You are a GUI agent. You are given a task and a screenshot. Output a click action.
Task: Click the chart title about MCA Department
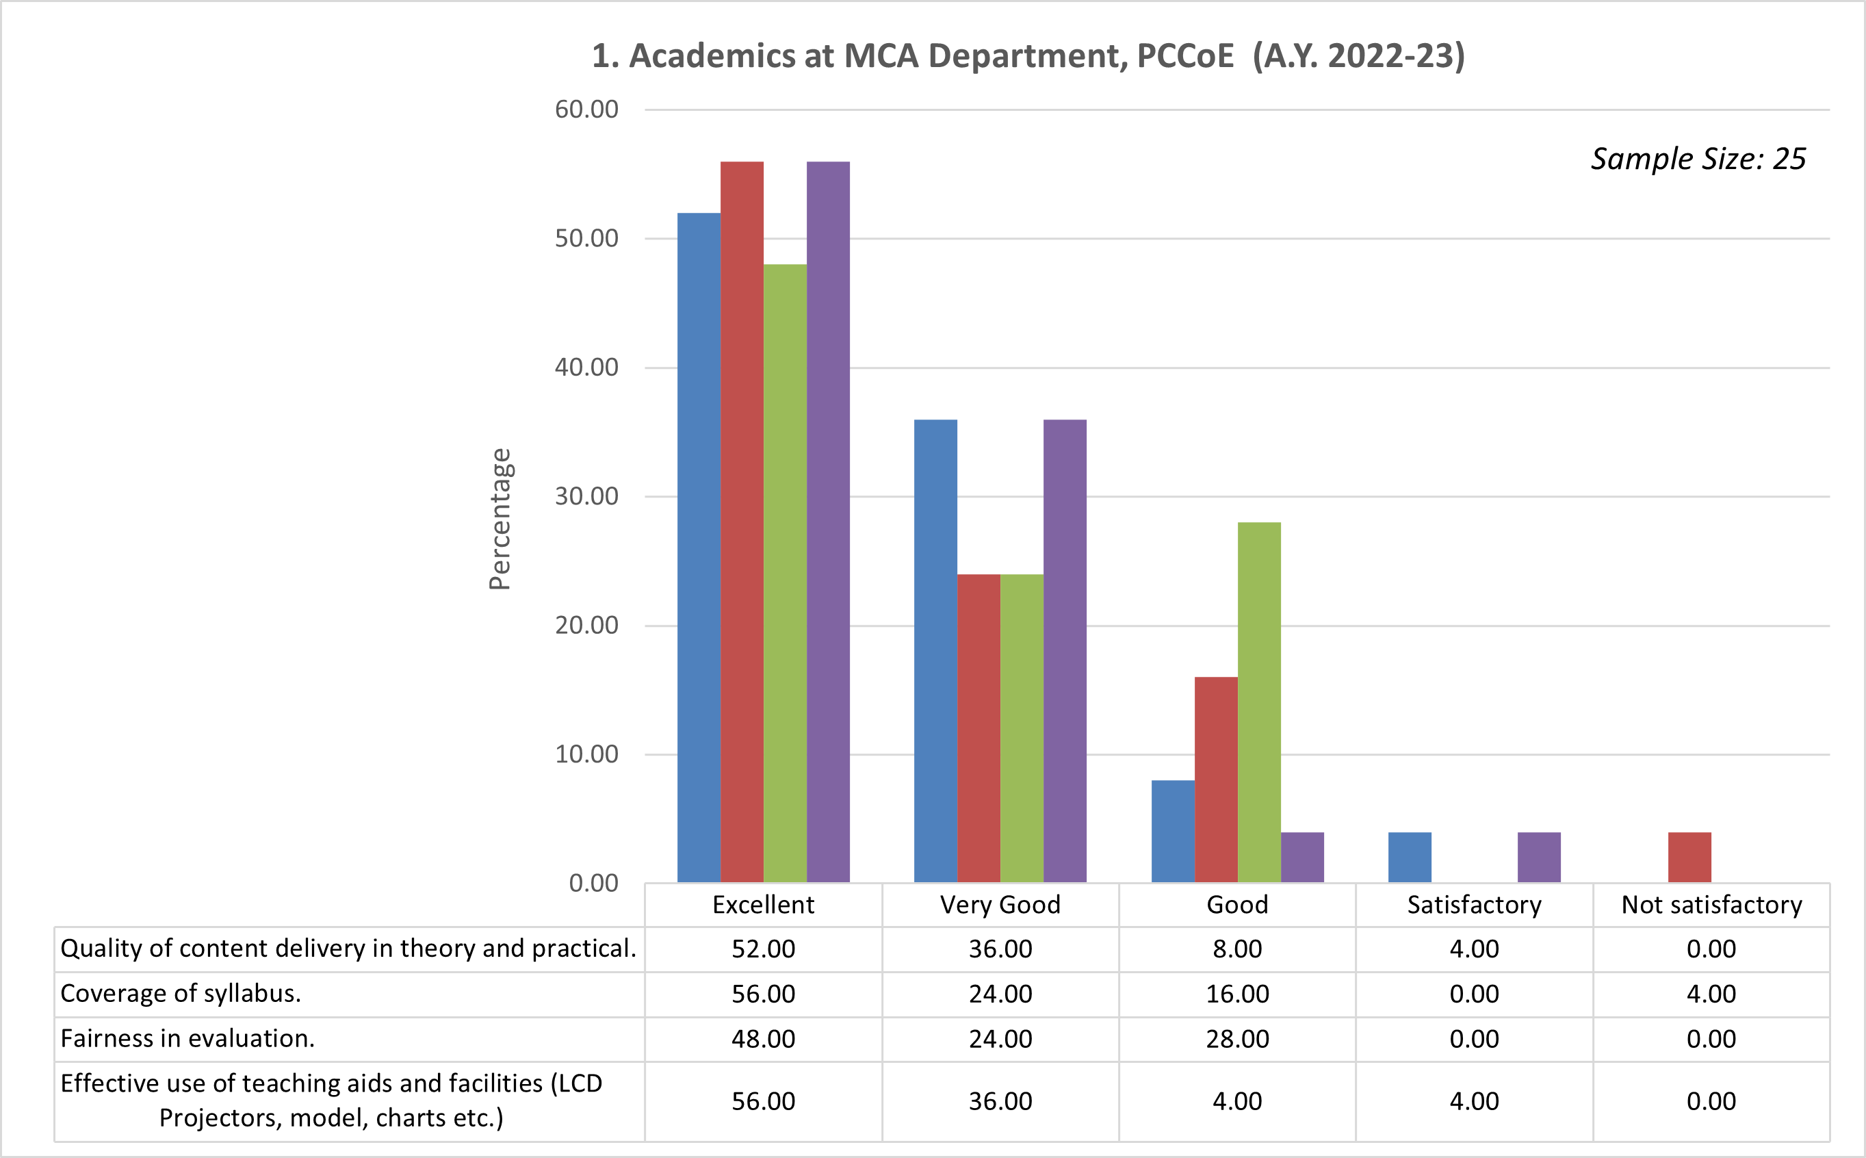pyautogui.click(x=1028, y=57)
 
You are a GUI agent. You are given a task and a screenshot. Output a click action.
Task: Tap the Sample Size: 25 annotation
pyautogui.click(x=1698, y=159)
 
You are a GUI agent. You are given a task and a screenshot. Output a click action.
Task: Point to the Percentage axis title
pyautogui.click(x=500, y=519)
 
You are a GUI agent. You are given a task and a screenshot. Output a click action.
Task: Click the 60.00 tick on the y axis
pyautogui.click(x=586, y=110)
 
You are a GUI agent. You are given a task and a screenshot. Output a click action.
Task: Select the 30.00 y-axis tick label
pyautogui.click(x=586, y=496)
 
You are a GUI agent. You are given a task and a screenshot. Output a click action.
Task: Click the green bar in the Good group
pyautogui.click(x=1259, y=702)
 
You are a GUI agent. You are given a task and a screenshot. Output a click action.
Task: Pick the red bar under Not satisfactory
pyautogui.click(x=1689, y=857)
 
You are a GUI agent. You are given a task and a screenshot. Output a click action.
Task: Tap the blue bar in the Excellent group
pyautogui.click(x=699, y=548)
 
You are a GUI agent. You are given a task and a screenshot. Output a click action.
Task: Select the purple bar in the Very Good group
pyautogui.click(x=1064, y=651)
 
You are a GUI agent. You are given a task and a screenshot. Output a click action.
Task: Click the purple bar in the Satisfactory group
pyautogui.click(x=1539, y=857)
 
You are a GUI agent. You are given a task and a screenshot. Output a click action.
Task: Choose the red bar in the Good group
pyautogui.click(x=1216, y=780)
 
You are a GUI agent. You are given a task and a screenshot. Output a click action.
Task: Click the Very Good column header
pyautogui.click(x=1000, y=905)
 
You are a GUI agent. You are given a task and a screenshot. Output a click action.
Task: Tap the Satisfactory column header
pyautogui.click(x=1474, y=905)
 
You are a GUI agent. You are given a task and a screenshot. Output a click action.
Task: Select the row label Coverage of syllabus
pyautogui.click(x=181, y=993)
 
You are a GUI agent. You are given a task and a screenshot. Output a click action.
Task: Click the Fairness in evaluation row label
pyautogui.click(x=187, y=1038)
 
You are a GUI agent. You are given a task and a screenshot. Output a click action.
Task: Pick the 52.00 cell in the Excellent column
pyautogui.click(x=763, y=949)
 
